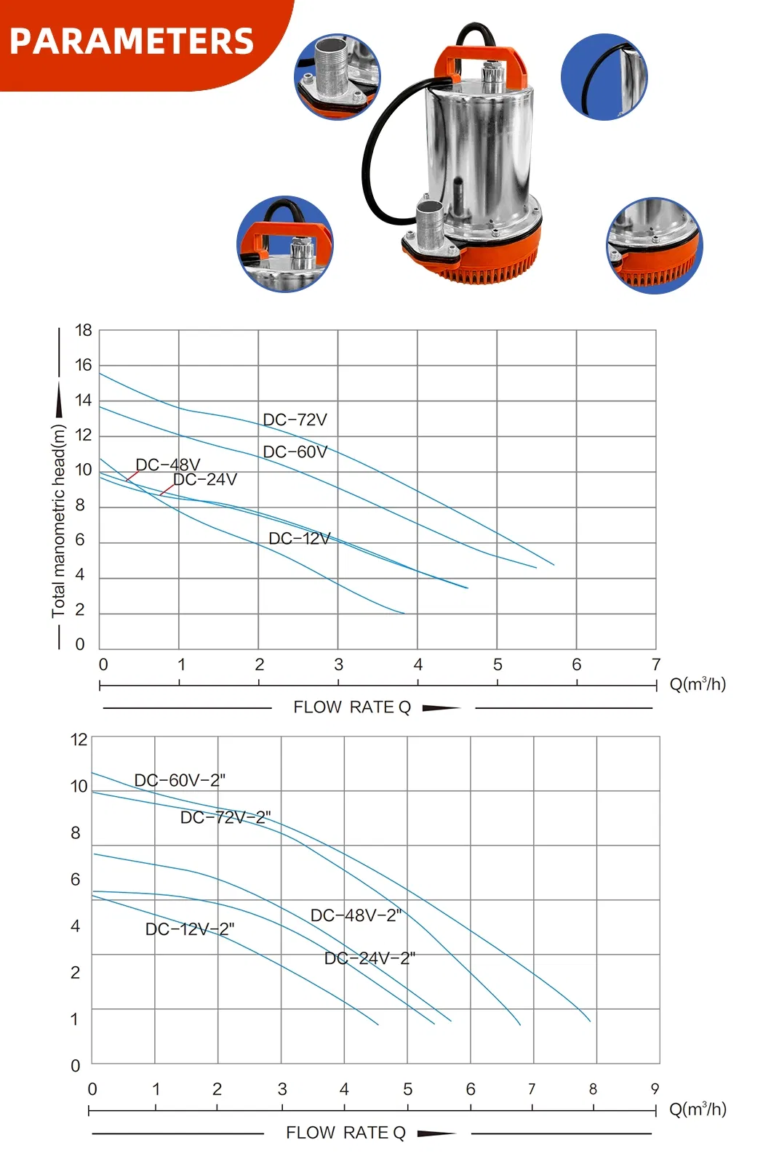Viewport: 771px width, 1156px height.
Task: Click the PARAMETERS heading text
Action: [x=132, y=41]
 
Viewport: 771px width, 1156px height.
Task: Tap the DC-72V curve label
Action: [x=295, y=420]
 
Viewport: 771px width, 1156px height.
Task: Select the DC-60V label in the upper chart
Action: [x=295, y=451]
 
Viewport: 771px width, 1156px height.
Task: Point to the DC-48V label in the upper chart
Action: [x=168, y=465]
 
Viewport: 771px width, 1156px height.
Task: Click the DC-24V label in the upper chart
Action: [x=205, y=479]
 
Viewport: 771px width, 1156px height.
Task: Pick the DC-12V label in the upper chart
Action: [x=300, y=539]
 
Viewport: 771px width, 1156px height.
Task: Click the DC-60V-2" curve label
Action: [x=180, y=780]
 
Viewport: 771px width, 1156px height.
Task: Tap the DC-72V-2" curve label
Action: [x=225, y=817]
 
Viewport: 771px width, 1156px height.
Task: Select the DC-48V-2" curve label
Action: [x=356, y=915]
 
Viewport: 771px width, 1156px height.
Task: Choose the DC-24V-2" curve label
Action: [x=369, y=958]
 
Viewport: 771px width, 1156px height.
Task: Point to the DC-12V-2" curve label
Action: [x=190, y=929]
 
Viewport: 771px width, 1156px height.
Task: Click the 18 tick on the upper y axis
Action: [x=84, y=330]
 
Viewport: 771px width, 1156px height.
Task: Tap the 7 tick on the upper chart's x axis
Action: [x=655, y=664]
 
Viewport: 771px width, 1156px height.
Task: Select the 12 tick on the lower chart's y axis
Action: [x=79, y=739]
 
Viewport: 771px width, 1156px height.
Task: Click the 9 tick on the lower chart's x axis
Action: [x=655, y=1088]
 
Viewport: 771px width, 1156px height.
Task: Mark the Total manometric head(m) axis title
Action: [x=58, y=521]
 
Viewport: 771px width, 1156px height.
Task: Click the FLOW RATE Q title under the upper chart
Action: [x=352, y=707]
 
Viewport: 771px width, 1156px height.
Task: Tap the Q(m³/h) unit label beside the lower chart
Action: [x=698, y=1109]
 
